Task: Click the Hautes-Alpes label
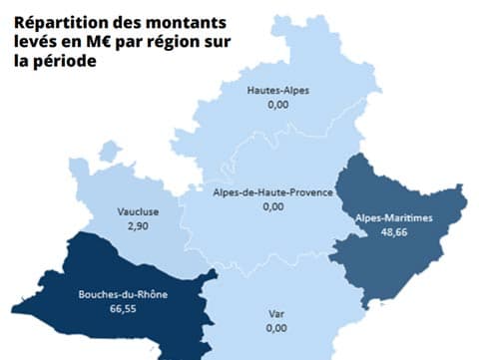tap(277, 91)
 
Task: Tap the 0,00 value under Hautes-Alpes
tap(277, 104)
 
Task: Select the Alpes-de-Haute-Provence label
tap(272, 191)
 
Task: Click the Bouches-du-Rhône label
tap(122, 295)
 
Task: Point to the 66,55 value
tap(122, 309)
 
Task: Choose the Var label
tap(276, 313)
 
